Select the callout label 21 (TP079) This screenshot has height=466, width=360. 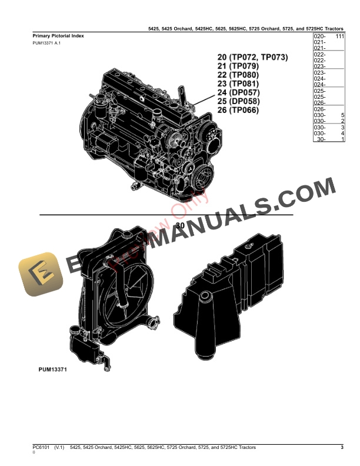pyautogui.click(x=238, y=66)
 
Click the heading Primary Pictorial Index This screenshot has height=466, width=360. pyautogui.click(x=58, y=36)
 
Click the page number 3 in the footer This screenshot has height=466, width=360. pyautogui.click(x=342, y=448)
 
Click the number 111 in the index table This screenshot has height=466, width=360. pyautogui.click(x=339, y=36)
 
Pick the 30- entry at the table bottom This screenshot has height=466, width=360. pyautogui.click(x=321, y=139)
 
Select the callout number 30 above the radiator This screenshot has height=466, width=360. pyautogui.click(x=180, y=225)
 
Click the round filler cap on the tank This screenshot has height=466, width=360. pyautogui.click(x=205, y=295)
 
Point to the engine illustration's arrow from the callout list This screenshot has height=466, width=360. pyautogui.click(x=200, y=101)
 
